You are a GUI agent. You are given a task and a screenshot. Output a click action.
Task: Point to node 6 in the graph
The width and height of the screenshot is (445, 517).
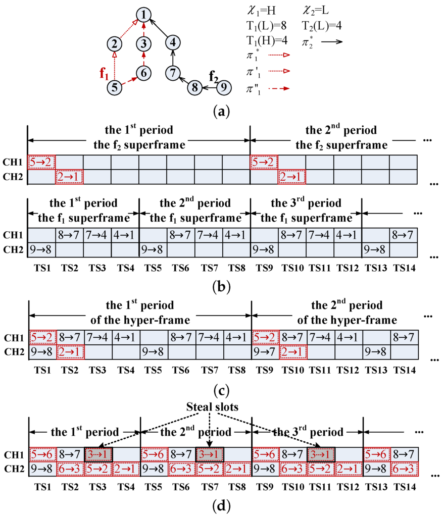click(144, 72)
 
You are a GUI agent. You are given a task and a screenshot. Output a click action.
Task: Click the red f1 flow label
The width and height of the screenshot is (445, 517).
click(105, 74)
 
